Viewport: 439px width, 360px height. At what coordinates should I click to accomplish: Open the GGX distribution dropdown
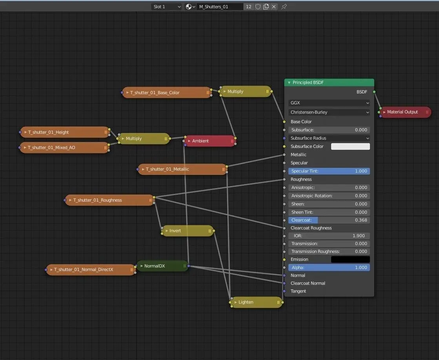pyautogui.click(x=329, y=103)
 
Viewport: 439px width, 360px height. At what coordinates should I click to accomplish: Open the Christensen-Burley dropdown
pyautogui.click(x=329, y=112)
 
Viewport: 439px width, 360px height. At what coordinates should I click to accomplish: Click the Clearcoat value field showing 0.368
pyautogui.click(x=329, y=220)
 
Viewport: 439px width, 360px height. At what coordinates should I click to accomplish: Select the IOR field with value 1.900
pyautogui.click(x=329, y=236)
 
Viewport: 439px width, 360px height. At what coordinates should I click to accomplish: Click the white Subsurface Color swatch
pyautogui.click(x=350, y=146)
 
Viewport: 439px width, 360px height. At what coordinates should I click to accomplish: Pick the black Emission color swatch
pyautogui.click(x=350, y=259)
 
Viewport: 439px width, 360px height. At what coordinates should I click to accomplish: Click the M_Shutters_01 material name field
pyautogui.click(x=220, y=7)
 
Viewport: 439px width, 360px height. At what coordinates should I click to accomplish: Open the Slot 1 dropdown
pyautogui.click(x=167, y=7)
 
